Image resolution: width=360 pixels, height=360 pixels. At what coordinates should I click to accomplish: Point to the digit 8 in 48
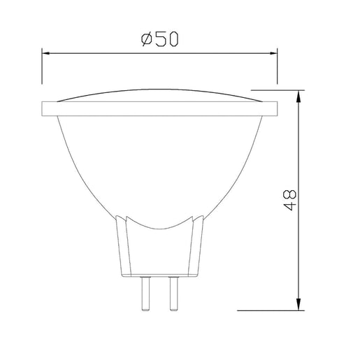coord(291,193)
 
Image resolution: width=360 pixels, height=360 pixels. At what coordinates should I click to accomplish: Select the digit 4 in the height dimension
coord(291,208)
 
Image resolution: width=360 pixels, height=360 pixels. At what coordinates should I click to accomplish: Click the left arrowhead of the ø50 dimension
coord(47,52)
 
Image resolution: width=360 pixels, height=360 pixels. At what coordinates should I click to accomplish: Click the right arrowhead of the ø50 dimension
coord(273,52)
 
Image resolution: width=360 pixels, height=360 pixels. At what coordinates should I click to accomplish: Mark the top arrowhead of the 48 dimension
coord(300,95)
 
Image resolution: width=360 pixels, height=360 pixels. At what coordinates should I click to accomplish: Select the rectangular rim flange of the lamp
coord(160,109)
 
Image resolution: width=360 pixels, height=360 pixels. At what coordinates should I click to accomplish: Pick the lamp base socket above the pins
coord(160,252)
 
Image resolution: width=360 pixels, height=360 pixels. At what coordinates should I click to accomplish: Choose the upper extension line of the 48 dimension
coord(276,89)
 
